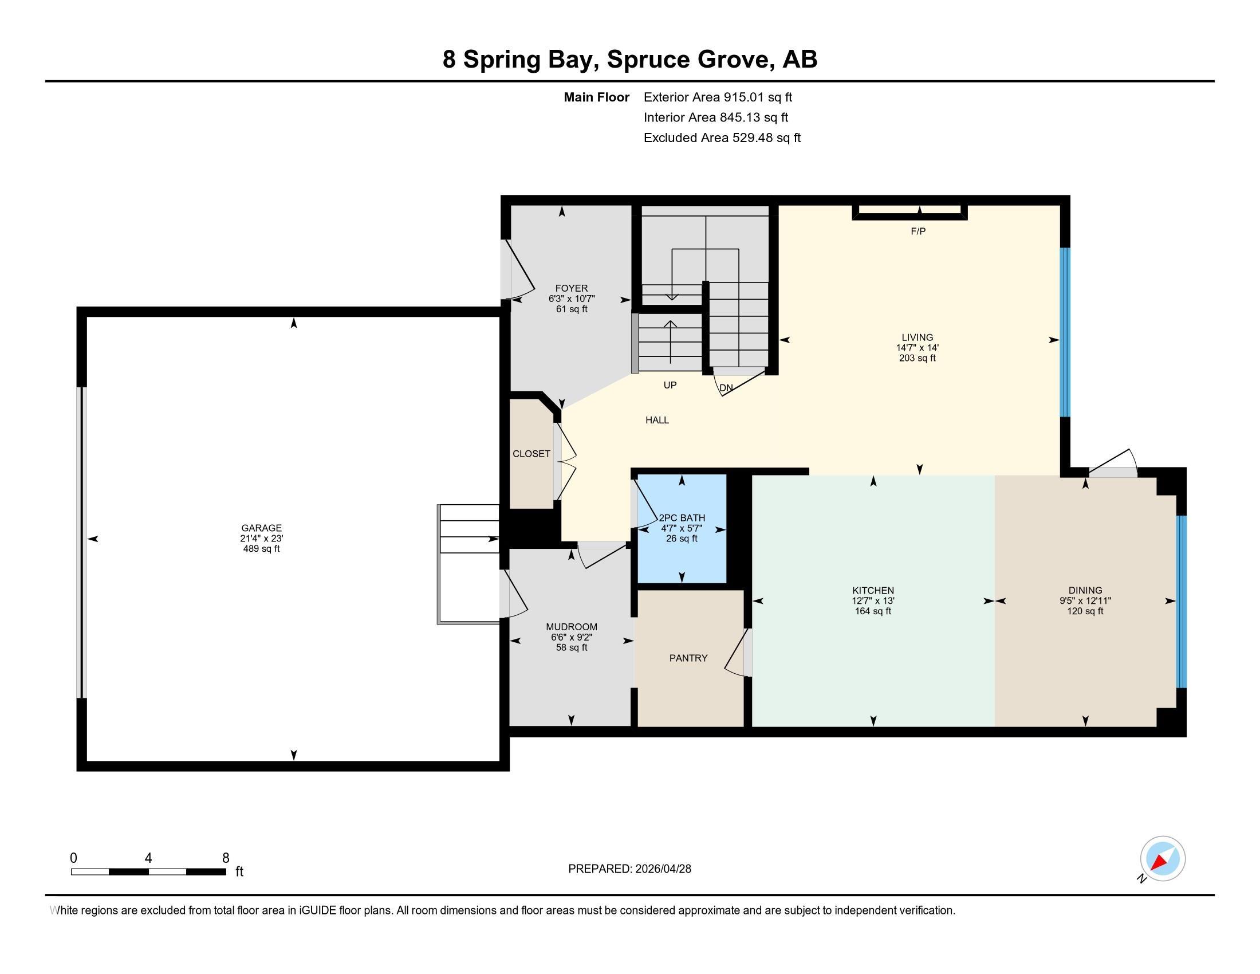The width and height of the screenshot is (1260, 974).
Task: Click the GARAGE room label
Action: click(x=261, y=527)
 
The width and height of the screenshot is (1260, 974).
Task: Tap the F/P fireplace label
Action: click(x=918, y=231)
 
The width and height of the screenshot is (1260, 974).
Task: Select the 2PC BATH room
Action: click(x=682, y=529)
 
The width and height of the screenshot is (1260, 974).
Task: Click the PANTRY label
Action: click(x=688, y=658)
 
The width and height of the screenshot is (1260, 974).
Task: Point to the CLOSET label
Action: click(x=531, y=454)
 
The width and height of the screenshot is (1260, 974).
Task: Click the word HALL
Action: click(x=657, y=420)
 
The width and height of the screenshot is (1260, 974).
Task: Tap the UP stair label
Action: click(x=670, y=385)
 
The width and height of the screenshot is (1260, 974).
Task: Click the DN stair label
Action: click(x=726, y=388)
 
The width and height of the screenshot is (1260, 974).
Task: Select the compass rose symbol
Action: click(x=1163, y=859)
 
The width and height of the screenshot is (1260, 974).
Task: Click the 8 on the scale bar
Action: click(x=226, y=858)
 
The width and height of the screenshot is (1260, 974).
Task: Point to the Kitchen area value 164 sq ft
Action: click(x=873, y=611)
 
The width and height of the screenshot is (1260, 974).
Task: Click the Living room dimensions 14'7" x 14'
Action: click(x=918, y=348)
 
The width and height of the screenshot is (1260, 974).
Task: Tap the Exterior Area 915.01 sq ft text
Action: click(x=718, y=97)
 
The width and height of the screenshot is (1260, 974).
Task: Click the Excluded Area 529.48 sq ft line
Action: click(x=722, y=138)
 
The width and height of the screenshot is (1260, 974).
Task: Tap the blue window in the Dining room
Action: click(x=1181, y=602)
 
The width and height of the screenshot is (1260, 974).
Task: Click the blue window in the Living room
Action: click(x=1065, y=332)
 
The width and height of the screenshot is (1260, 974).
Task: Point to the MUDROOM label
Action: click(x=572, y=627)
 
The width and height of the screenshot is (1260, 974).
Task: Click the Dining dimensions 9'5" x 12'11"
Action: click(x=1085, y=600)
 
